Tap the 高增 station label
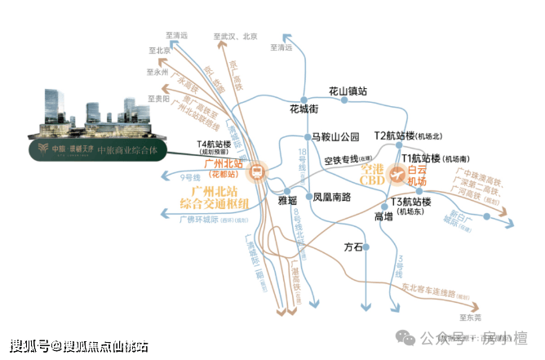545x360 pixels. click(383, 216)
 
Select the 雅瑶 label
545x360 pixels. click(288, 198)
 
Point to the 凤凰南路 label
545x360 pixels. click(332, 197)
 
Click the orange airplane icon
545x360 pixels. click(397, 173)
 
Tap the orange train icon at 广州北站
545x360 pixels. click(257, 171)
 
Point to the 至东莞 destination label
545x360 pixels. click(472, 315)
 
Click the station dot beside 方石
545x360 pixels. click(366, 246)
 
